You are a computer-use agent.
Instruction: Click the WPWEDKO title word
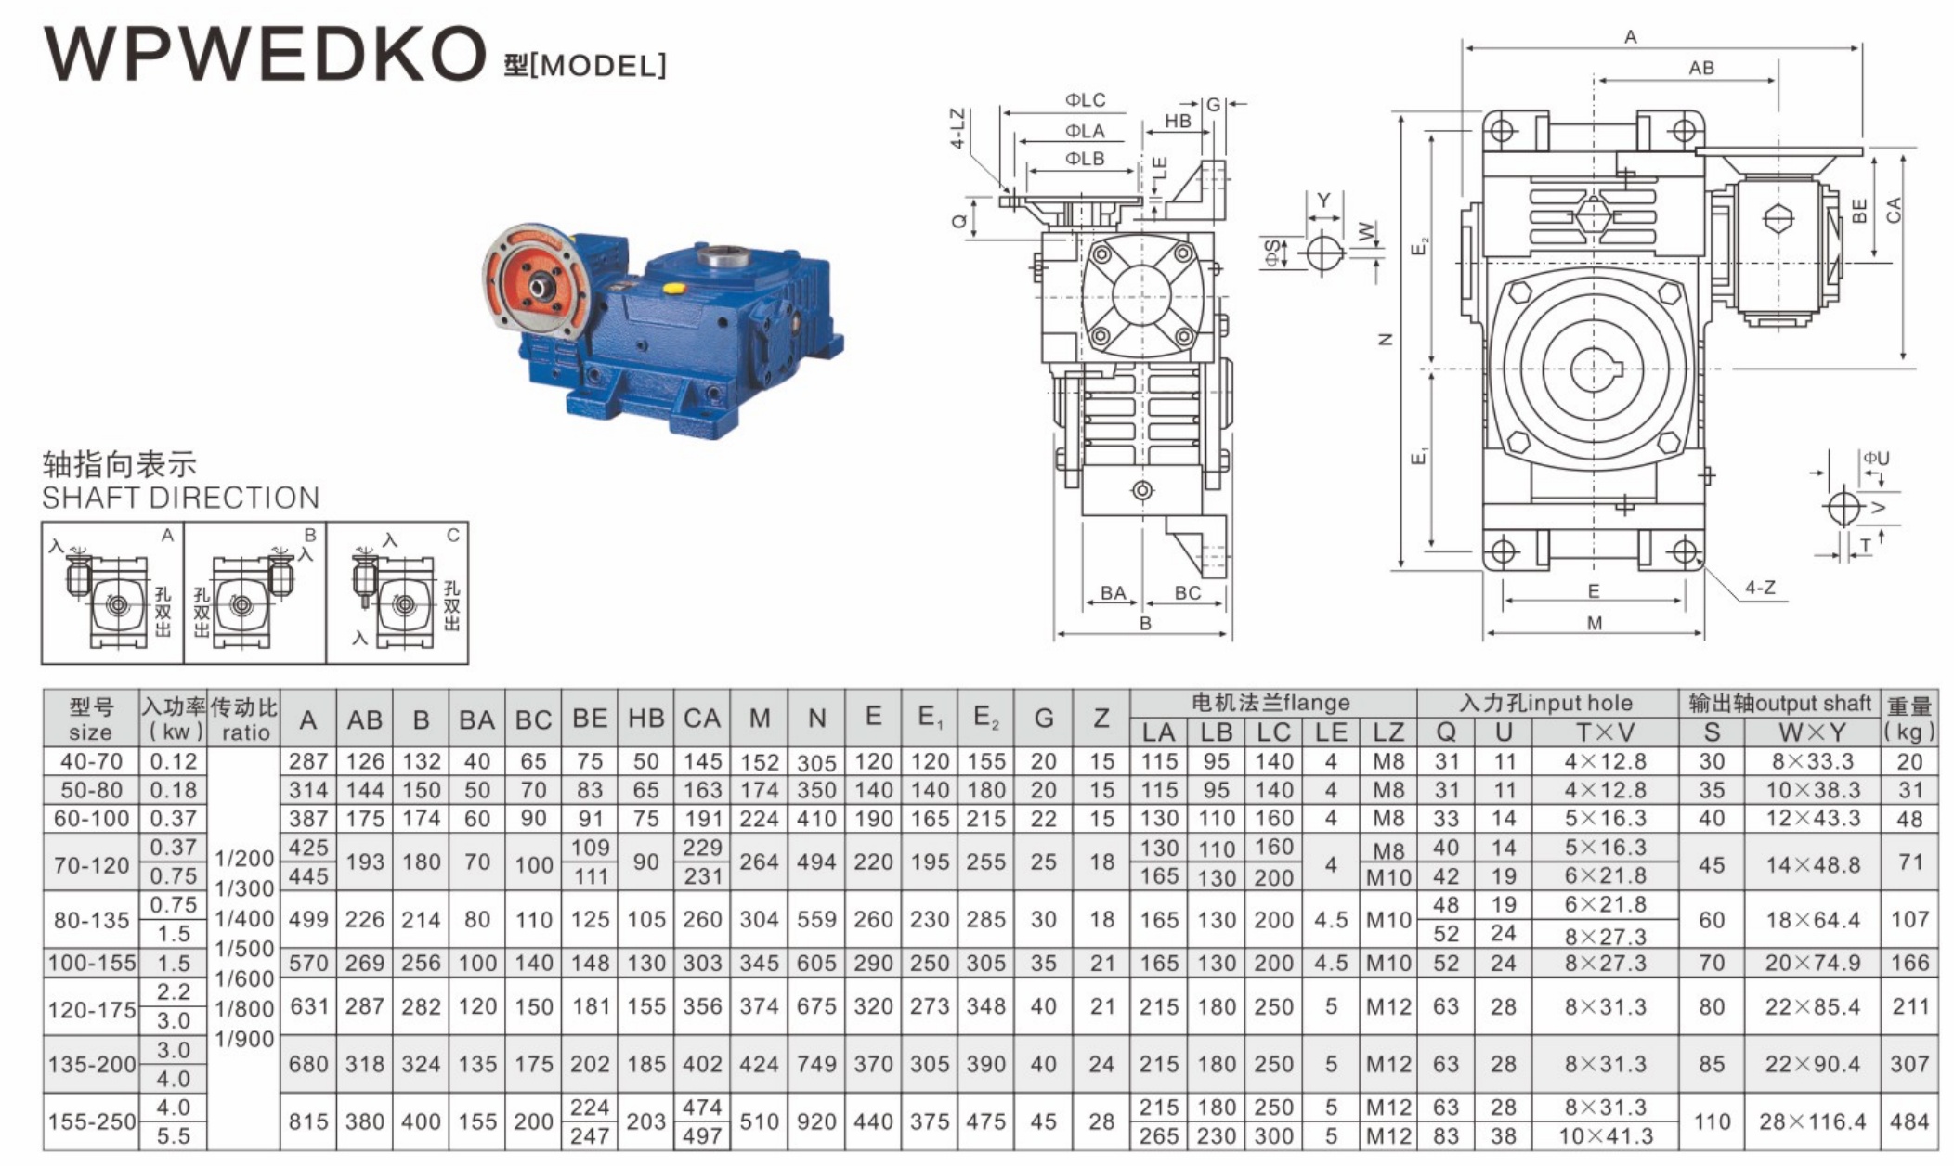click(265, 53)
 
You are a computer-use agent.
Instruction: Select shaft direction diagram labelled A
click(112, 592)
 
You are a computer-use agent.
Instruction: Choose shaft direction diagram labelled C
click(397, 592)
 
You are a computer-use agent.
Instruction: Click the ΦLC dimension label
click(1085, 100)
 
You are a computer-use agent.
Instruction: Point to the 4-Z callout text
click(1760, 588)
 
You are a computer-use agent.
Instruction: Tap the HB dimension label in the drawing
click(1178, 121)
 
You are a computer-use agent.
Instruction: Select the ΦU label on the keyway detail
click(1876, 459)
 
